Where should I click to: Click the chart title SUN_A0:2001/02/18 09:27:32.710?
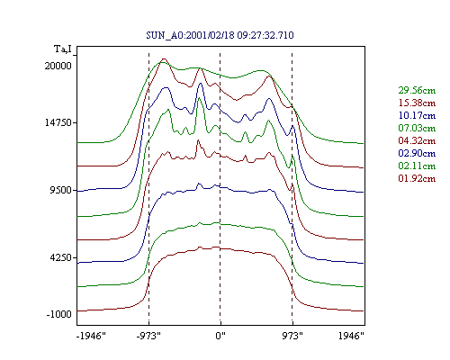click(220, 35)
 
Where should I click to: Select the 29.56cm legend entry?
click(417, 90)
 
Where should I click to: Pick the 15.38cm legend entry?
click(417, 103)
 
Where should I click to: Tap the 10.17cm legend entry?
click(417, 115)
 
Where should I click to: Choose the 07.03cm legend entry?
click(417, 128)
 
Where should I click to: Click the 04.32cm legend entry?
click(417, 140)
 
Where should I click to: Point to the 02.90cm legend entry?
click(417, 153)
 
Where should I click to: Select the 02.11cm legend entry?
click(417, 166)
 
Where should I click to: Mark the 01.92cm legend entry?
click(417, 178)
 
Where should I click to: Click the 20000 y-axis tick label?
click(58, 66)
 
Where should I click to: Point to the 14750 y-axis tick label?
click(58, 123)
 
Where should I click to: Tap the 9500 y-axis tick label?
click(61, 190)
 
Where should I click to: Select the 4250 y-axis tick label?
click(61, 257)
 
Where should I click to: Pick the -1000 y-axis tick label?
click(59, 314)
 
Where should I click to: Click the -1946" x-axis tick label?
click(92, 336)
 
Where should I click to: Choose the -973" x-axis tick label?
click(148, 336)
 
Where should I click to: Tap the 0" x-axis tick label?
click(220, 336)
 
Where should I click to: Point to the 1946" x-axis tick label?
click(351, 336)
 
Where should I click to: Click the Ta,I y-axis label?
click(63, 49)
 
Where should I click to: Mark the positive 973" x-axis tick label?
click(292, 336)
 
